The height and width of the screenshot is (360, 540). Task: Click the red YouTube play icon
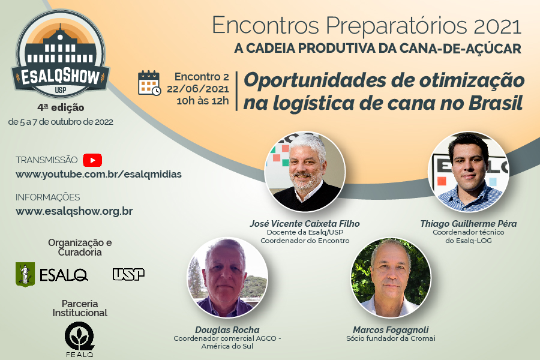coord(92,160)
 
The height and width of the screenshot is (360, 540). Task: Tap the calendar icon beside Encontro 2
coord(149,83)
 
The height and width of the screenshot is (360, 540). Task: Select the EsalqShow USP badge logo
coord(61,54)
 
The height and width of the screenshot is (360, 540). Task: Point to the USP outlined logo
coord(128,275)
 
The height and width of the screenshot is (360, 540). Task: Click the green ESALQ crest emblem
coord(25,274)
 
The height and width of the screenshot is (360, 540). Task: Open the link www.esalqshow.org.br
coord(74,211)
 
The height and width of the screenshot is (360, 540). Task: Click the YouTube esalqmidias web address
coord(98,175)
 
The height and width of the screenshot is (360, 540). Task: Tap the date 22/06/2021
coord(198,89)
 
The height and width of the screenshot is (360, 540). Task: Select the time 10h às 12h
coord(203,101)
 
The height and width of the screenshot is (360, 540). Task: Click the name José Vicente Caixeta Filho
coord(305,224)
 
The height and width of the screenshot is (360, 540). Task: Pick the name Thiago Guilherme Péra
coord(469,224)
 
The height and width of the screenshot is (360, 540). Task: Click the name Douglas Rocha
coord(227,329)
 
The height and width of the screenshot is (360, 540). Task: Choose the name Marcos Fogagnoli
coord(391,329)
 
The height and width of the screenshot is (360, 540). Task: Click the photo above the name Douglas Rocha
coord(227,277)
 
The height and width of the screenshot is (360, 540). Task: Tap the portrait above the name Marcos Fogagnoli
coord(391,277)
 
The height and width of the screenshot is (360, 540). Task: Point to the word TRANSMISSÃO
coord(46,160)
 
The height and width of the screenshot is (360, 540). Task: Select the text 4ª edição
coord(61,107)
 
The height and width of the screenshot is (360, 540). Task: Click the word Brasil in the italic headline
coord(496,103)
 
